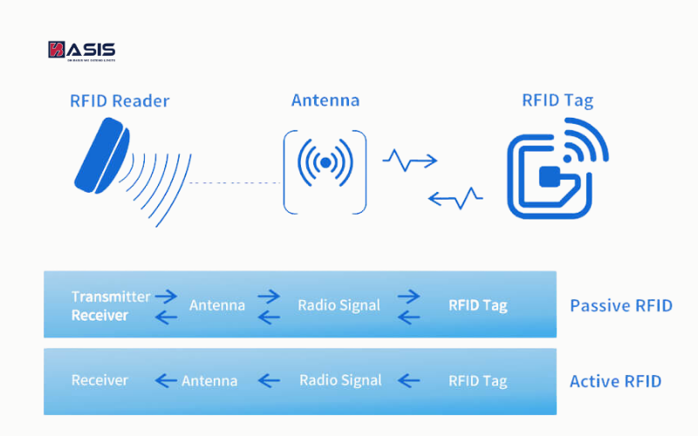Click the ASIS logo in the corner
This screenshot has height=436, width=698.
click(81, 51)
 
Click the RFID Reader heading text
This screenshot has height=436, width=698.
click(120, 101)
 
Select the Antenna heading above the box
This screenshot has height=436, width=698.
click(325, 100)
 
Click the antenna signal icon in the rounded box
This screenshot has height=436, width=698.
click(325, 162)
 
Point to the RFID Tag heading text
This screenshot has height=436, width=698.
click(557, 100)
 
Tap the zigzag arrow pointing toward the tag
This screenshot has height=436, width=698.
click(409, 160)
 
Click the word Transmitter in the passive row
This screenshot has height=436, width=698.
click(111, 296)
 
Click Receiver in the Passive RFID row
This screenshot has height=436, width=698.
click(99, 315)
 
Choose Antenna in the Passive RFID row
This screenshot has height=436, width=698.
click(217, 305)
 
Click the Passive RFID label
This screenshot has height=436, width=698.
click(620, 305)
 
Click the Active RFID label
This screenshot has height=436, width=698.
click(615, 381)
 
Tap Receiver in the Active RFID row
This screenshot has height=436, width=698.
click(99, 380)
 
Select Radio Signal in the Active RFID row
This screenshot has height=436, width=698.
click(340, 380)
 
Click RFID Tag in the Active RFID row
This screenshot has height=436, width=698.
click(477, 381)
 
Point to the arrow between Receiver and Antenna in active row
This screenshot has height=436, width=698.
click(166, 380)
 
